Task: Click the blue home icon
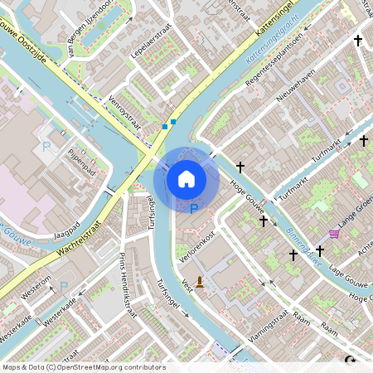186,179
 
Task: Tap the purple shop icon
334,235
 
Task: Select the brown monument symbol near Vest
199,283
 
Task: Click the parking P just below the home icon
194,210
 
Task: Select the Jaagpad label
65,229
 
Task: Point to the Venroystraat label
124,115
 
